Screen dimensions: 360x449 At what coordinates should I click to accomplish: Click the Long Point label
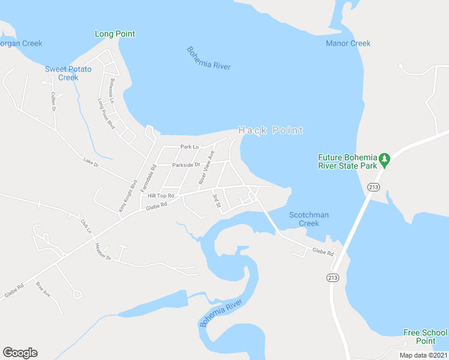coord(115,34)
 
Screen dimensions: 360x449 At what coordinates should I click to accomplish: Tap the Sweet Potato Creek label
coord(68,73)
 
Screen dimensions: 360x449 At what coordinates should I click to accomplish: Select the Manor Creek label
coord(348,43)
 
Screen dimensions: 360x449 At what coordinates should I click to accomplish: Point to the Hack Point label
coord(271,130)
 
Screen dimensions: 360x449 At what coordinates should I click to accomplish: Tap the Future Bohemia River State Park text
coord(348,161)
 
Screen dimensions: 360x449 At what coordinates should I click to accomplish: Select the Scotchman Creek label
coord(309,219)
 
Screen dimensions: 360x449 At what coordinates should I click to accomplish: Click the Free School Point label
coord(425,337)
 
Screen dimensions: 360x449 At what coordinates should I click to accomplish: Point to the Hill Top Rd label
coord(161,196)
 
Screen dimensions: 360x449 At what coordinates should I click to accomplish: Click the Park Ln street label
coord(189,146)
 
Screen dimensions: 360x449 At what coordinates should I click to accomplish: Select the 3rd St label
coord(216,201)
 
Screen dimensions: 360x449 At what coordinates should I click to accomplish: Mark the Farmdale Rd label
coord(148,179)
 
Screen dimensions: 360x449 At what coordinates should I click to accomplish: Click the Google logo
coord(20,353)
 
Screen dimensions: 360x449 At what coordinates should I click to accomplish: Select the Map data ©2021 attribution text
coord(423,355)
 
